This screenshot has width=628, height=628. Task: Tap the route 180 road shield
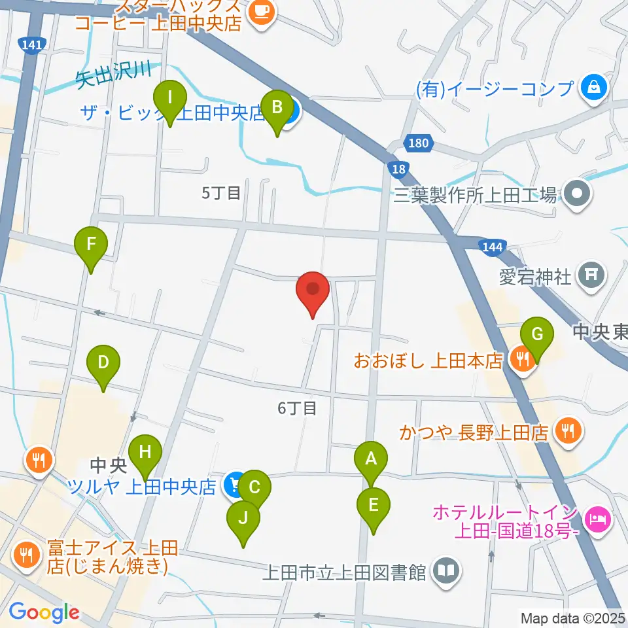pos(417,141)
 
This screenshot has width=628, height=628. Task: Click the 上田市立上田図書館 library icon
pos(446,572)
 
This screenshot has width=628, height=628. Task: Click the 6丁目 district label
pos(297,408)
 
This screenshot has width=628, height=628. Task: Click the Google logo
pos(44,613)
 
